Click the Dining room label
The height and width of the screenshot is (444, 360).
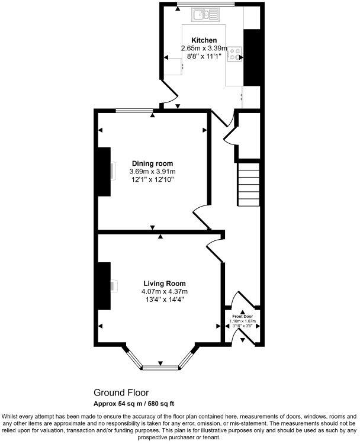(152, 163)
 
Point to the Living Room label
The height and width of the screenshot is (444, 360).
(164, 283)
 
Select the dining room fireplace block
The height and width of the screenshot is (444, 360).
(105, 171)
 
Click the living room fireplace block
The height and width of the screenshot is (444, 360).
(105, 286)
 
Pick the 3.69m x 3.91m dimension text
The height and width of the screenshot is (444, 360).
(152, 172)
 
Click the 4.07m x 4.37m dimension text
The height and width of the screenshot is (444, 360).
(164, 291)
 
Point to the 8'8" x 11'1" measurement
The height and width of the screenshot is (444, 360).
(204, 56)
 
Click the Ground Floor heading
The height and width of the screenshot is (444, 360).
(121, 392)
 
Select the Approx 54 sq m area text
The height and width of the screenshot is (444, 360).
(134, 404)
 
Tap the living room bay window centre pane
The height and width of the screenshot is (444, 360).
(160, 367)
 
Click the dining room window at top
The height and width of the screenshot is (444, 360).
(134, 110)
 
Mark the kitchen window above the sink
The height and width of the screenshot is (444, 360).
(197, 5)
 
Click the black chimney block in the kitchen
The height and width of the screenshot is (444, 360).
(253, 57)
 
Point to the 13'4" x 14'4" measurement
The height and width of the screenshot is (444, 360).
(164, 300)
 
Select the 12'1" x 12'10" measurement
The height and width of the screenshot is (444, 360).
(152, 180)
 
